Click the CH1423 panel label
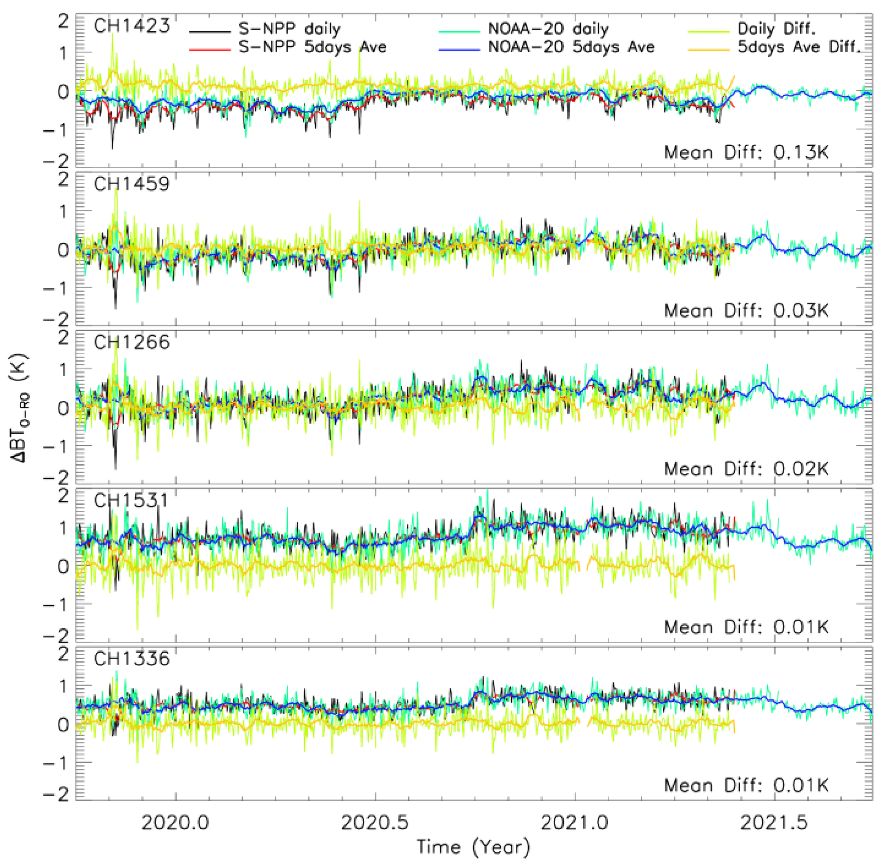[131, 26]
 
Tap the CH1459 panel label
[131, 184]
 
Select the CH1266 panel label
[131, 342]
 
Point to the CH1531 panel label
[130, 500]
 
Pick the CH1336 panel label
[131, 658]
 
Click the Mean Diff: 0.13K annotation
[746, 153]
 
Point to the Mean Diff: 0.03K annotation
[746, 311]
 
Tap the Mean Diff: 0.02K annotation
[746, 469]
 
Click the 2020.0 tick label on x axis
[176, 823]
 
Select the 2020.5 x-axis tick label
[375, 823]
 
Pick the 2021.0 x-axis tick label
[575, 823]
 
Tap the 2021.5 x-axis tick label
[774, 823]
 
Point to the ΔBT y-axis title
[20, 408]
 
